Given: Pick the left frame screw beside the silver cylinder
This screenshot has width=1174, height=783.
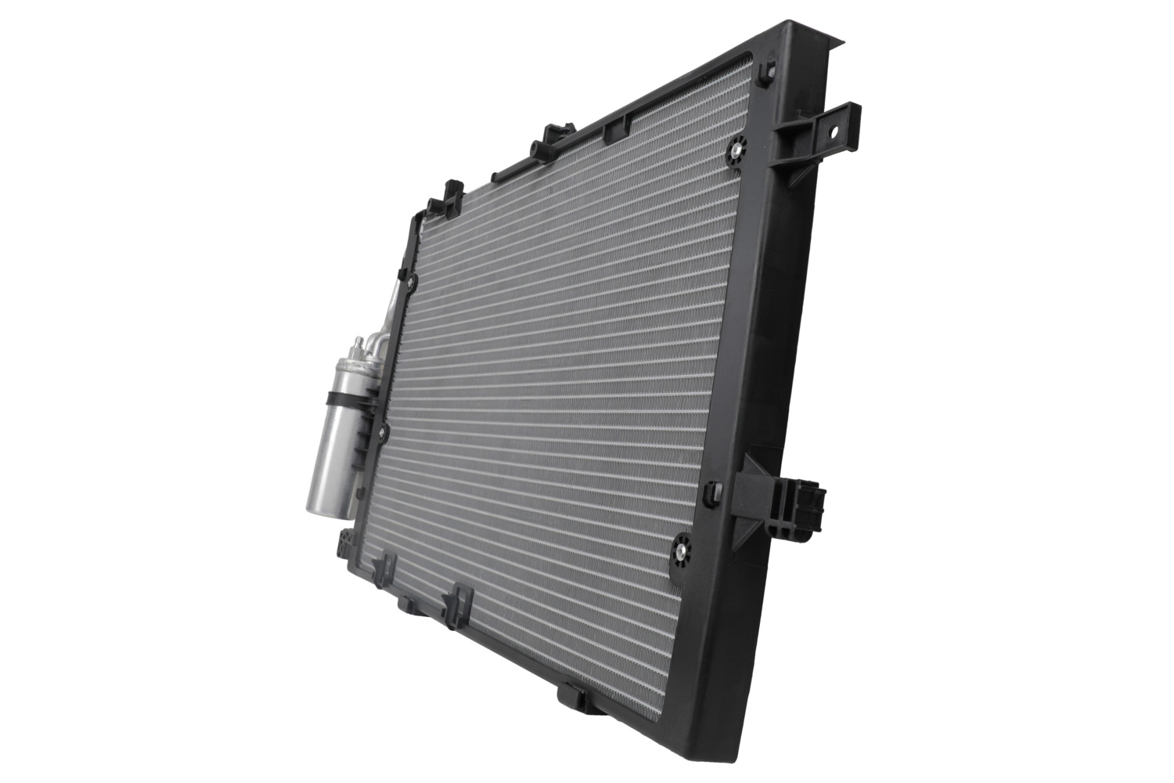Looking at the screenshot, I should click(384, 430).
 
